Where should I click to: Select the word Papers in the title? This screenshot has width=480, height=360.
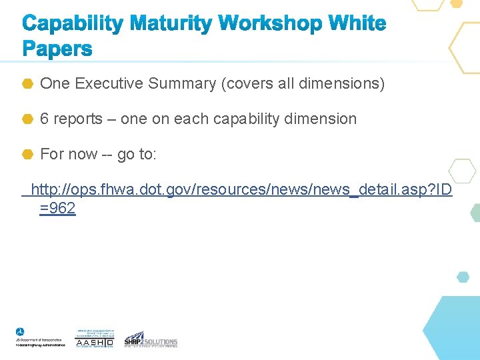point(57,49)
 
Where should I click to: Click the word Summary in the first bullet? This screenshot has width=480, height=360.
point(182,83)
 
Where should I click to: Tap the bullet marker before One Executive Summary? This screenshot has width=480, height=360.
point(28,84)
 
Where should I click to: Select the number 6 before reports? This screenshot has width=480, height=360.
point(45,119)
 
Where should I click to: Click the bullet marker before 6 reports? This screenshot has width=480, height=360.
point(28,119)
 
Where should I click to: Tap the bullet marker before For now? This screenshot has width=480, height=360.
point(28,155)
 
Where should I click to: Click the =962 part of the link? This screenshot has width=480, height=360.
point(58,209)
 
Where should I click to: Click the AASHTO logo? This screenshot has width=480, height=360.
point(95,339)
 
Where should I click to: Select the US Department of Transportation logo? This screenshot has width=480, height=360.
point(40,337)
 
